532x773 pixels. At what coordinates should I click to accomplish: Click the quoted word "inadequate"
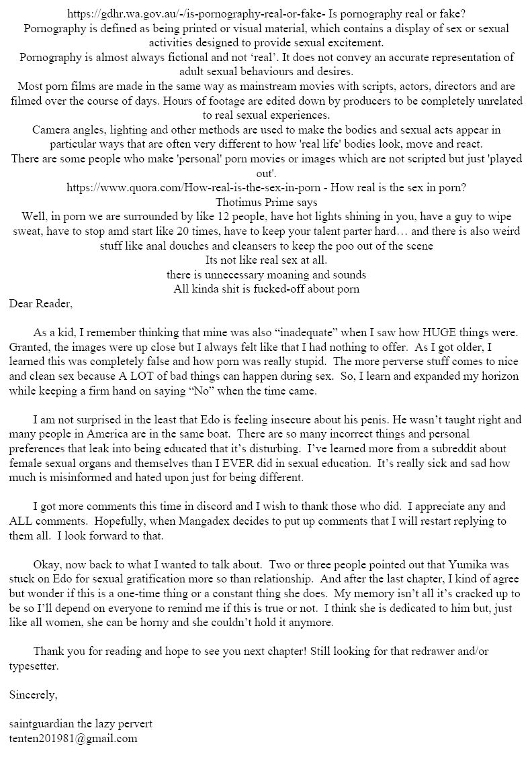[308, 333]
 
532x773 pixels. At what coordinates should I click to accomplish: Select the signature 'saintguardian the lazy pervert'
[81, 724]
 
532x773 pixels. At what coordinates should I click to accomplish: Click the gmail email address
[74, 738]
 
